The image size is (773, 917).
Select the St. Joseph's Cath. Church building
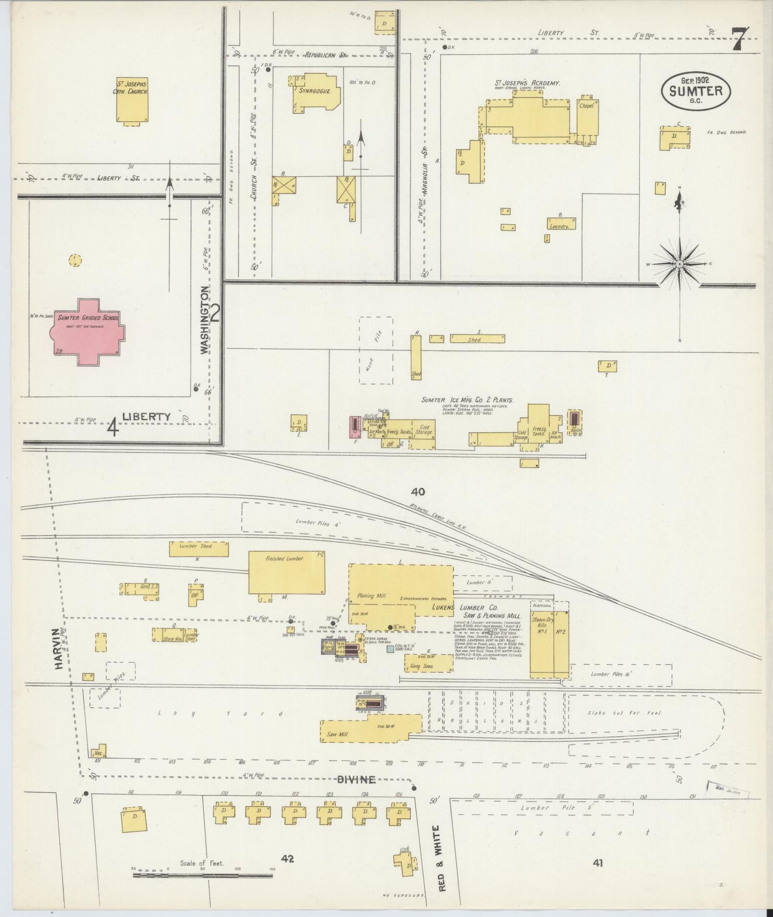(x=132, y=100)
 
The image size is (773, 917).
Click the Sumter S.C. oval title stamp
(x=695, y=91)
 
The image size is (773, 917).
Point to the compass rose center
(x=679, y=264)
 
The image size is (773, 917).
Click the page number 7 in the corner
(x=740, y=39)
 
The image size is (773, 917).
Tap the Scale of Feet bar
(x=203, y=876)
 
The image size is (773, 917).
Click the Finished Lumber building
(x=287, y=573)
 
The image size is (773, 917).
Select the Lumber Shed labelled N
(x=198, y=549)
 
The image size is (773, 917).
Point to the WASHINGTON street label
(x=204, y=320)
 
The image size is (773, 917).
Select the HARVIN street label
(x=57, y=648)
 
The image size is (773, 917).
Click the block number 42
(x=287, y=859)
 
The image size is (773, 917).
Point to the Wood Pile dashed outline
(x=376, y=350)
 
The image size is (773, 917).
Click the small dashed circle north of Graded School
(x=75, y=261)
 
